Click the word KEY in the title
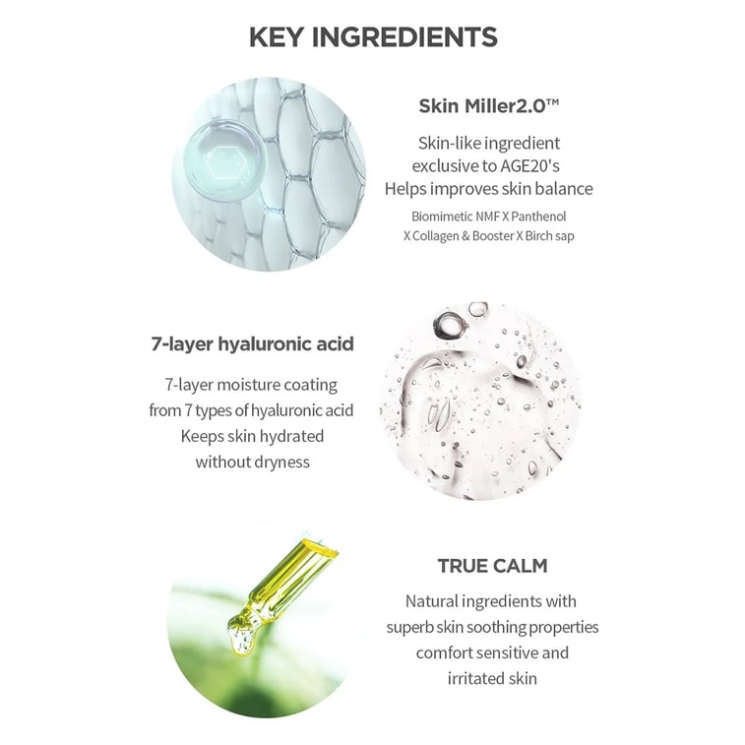pyautogui.click(x=276, y=37)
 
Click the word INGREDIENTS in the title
pyautogui.click(x=404, y=37)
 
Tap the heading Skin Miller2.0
pyautogui.click(x=488, y=106)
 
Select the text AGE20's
pyautogui.click(x=529, y=165)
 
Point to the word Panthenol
pyautogui.click(x=538, y=217)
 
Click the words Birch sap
pyautogui.click(x=549, y=236)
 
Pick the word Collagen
pyautogui.click(x=436, y=236)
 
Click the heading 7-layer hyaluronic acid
pyautogui.click(x=253, y=343)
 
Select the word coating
pyautogui.click(x=311, y=385)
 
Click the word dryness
pyautogui.click(x=282, y=462)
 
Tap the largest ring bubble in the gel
pyautogui.click(x=450, y=325)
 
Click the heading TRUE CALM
pyautogui.click(x=493, y=566)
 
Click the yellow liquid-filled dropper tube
pyautogui.click(x=289, y=579)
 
